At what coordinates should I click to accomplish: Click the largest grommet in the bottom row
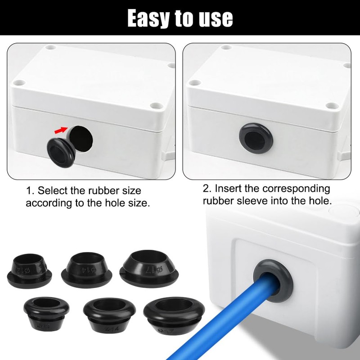173,314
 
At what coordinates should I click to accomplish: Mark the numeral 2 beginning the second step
206,188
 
